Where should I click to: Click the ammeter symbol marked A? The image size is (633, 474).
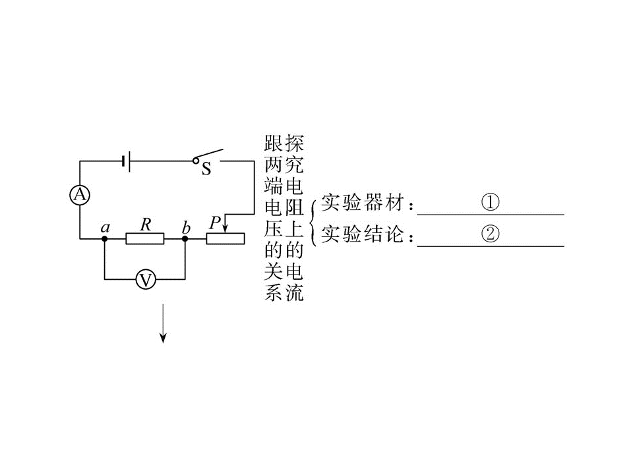[80, 195]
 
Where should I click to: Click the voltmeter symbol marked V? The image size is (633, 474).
[145, 279]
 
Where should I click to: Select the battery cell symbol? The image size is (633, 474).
[125, 161]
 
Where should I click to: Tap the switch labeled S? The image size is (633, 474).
[208, 160]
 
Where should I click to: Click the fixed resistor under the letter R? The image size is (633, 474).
[145, 238]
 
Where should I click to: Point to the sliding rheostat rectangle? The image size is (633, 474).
[226, 238]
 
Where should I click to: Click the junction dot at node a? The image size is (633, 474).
[105, 238]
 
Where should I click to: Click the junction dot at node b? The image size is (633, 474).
[185, 238]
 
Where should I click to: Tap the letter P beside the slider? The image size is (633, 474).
[215, 223]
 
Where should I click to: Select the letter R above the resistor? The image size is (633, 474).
[146, 224]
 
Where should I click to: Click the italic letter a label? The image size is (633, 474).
[105, 228]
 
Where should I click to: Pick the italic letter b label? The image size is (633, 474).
[186, 227]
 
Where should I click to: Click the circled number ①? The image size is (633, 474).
[490, 202]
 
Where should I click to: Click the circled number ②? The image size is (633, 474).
[490, 233]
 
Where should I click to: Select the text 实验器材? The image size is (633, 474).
[362, 202]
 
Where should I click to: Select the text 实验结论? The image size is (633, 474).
[362, 234]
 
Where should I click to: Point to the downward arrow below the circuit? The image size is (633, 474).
[163, 323]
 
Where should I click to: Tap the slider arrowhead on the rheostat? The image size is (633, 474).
[226, 228]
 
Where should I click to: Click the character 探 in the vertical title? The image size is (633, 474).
[294, 143]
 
